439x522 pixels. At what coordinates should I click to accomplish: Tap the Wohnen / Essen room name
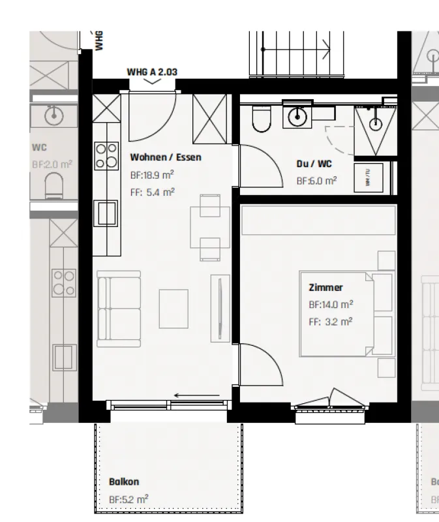pyautogui.click(x=166, y=157)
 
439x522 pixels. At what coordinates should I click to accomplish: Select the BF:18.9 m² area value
pyautogui.click(x=153, y=175)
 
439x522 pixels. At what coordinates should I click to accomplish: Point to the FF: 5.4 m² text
pyautogui.click(x=152, y=191)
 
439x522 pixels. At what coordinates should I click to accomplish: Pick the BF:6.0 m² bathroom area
pyautogui.click(x=316, y=181)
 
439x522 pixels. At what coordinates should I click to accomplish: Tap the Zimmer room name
pyautogui.click(x=325, y=287)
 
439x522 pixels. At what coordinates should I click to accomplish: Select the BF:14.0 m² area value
pyautogui.click(x=331, y=304)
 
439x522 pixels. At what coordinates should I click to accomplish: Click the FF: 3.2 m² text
pyautogui.click(x=330, y=321)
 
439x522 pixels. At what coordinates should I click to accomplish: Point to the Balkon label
pyautogui.click(x=123, y=482)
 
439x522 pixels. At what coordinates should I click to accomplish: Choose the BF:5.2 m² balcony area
pyautogui.click(x=129, y=499)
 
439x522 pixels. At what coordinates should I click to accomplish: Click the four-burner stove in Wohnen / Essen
pyautogui.click(x=106, y=155)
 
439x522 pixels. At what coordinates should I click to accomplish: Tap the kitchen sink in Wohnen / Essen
pyautogui.click(x=106, y=212)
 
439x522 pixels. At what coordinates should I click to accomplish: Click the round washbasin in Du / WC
pyautogui.click(x=297, y=117)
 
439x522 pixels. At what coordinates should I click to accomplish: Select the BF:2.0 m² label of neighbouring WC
pyautogui.click(x=50, y=165)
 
